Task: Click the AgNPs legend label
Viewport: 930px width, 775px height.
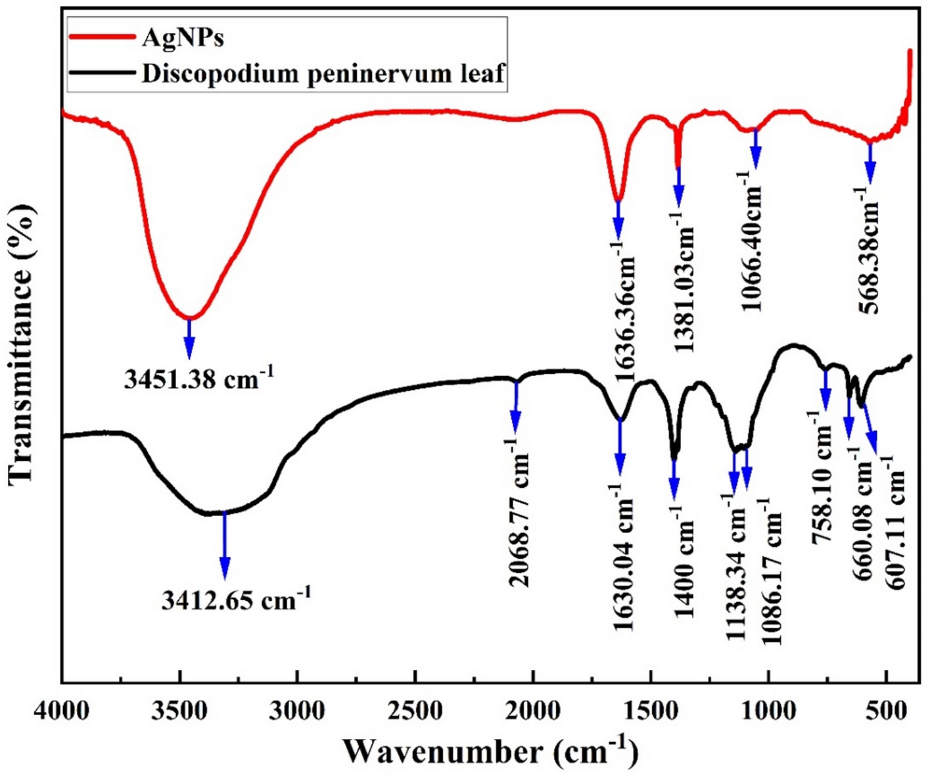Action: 183,38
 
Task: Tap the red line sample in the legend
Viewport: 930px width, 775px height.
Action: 101,38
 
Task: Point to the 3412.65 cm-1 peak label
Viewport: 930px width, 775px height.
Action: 236,599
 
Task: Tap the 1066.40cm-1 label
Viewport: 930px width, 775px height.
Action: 753,242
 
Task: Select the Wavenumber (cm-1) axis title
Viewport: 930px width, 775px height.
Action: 490,751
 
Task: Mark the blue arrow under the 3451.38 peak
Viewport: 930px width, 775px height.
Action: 189,338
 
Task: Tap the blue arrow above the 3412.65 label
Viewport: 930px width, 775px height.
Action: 225,545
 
